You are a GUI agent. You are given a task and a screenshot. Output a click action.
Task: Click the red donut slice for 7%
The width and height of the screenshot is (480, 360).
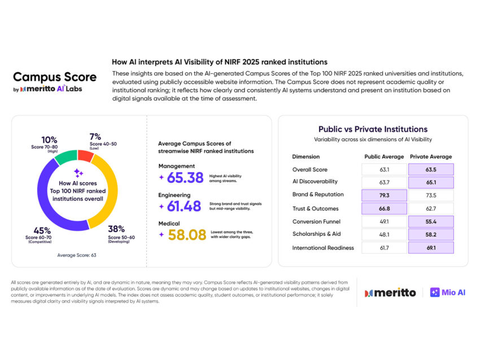pos(86,156)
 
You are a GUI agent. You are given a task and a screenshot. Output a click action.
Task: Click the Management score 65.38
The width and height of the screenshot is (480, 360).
pos(185,177)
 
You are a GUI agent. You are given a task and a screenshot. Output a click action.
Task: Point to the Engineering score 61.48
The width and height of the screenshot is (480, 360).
pos(185,206)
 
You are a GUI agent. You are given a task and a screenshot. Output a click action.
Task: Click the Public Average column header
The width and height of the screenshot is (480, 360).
pos(385,156)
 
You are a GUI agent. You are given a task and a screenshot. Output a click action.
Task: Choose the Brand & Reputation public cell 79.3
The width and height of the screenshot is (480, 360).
pos(384,195)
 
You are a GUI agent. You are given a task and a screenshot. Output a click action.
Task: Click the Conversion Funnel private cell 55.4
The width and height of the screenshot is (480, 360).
pos(432,221)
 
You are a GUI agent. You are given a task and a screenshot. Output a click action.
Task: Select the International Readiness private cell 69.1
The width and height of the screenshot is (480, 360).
pos(432,247)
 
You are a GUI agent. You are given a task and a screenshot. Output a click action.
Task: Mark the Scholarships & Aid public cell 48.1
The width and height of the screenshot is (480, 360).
pos(384,234)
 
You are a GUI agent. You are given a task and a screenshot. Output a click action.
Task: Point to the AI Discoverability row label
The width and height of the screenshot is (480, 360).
pos(315,182)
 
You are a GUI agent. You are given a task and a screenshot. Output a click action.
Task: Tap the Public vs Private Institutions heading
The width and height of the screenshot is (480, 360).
pos(373,129)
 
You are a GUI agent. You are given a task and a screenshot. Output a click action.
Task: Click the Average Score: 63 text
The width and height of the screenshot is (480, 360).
pos(77,255)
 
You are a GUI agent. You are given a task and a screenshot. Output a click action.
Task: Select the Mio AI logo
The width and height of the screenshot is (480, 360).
pos(448,292)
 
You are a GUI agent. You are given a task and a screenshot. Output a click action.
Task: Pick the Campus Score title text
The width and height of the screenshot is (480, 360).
pos(55,77)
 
